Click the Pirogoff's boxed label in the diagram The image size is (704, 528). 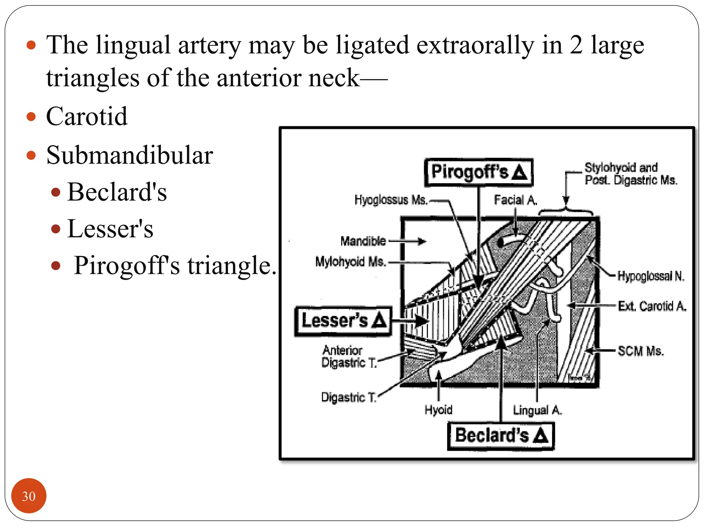click(x=478, y=172)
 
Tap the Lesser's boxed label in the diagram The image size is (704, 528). click(x=343, y=321)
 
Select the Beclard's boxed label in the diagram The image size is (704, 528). click(x=501, y=436)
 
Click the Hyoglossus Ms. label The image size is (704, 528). click(x=391, y=200)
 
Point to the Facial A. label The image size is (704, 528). click(x=515, y=200)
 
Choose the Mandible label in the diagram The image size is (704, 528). click(x=363, y=241)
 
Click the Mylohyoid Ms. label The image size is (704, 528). click(x=351, y=262)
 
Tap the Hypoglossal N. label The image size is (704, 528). click(x=651, y=276)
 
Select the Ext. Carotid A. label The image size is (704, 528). click(x=652, y=306)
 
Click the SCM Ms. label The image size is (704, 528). click(x=640, y=351)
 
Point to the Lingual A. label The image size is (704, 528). click(x=537, y=410)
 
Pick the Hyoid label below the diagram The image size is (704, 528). click(x=438, y=410)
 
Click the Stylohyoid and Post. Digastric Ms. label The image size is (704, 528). click(x=631, y=174)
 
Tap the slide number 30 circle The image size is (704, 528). click(x=29, y=496)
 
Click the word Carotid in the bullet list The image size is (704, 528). click(x=87, y=117)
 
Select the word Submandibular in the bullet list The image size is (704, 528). click(x=130, y=155)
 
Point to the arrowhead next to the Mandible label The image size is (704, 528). click(x=422, y=241)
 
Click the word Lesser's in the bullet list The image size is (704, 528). click(x=110, y=229)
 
